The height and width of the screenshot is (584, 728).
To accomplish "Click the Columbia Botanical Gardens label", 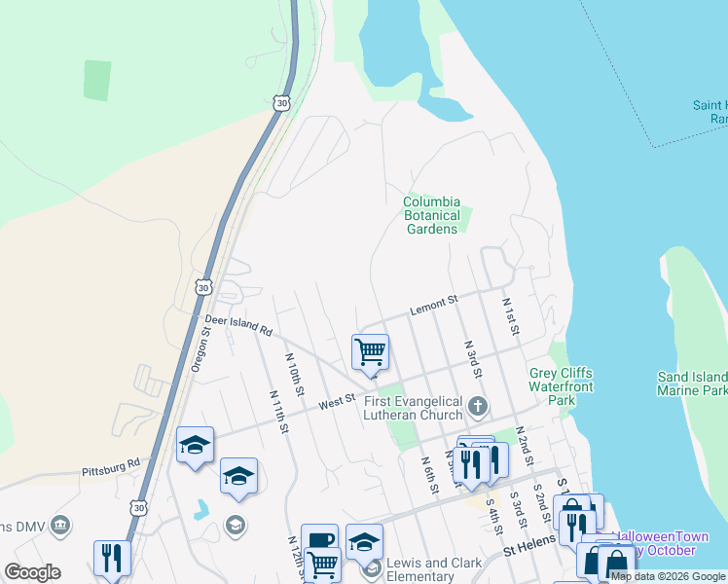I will click(x=430, y=216).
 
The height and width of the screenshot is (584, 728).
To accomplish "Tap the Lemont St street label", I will click(x=433, y=306).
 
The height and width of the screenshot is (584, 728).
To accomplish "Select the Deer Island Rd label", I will click(x=237, y=324).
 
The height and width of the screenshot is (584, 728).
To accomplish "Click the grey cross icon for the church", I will click(x=477, y=405).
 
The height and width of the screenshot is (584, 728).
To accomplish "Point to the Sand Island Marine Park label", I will click(x=692, y=383).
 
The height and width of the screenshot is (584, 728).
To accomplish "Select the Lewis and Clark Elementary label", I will click(x=432, y=569).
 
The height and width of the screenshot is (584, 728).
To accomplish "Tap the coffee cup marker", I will click(x=319, y=541).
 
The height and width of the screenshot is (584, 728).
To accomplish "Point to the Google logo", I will click(x=32, y=572).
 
